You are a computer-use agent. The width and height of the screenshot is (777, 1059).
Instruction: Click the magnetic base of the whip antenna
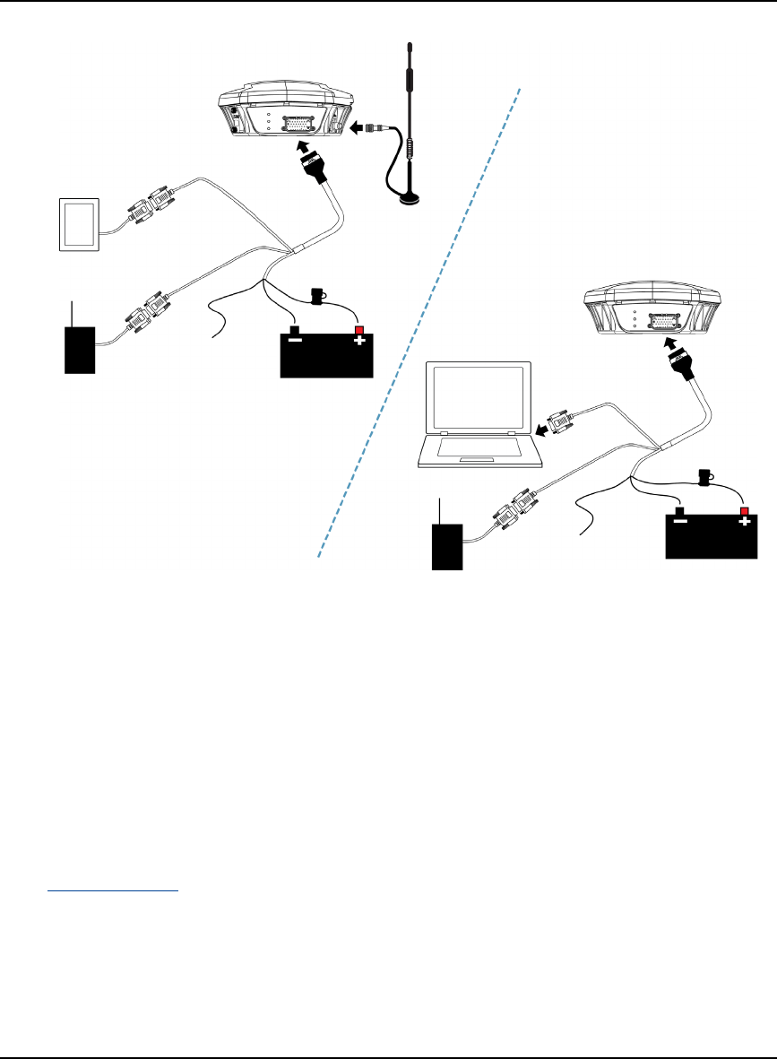coord(410,200)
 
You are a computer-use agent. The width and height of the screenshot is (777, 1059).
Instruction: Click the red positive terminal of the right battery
coord(744,511)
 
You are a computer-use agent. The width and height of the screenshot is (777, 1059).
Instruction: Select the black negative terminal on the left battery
coord(293,330)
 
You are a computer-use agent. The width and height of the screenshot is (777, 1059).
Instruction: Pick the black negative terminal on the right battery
coord(679,511)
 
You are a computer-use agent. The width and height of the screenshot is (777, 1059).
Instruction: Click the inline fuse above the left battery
coord(317,295)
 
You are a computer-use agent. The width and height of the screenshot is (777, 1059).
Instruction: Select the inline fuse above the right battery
coord(703,476)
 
